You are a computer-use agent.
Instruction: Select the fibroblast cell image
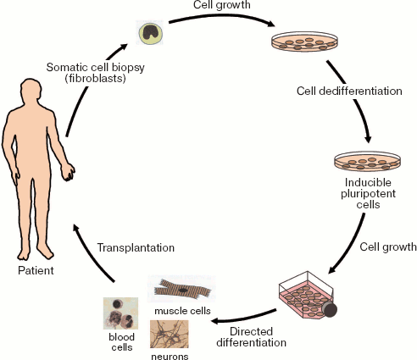[150, 32]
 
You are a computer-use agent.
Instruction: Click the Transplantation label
[135, 248]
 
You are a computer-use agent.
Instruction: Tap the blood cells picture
[119, 313]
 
